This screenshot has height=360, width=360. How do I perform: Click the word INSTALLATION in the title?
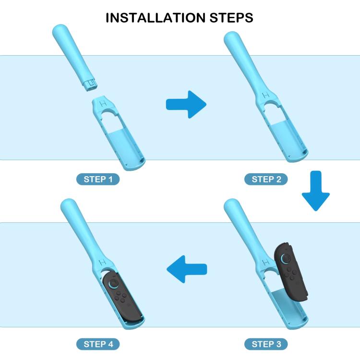point(156,18)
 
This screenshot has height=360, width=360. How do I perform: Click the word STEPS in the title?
point(231,18)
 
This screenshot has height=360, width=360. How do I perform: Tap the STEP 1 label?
point(98,179)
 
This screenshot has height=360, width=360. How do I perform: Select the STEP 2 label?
point(266,179)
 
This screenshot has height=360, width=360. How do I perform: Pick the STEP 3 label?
point(266,344)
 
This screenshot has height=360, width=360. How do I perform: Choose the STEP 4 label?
point(98,344)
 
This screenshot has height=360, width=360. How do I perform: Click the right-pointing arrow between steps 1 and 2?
point(186,105)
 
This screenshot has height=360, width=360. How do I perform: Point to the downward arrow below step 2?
point(316,191)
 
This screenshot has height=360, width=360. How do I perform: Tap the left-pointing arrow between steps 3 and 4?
point(187,269)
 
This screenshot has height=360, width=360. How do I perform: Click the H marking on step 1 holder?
point(103,104)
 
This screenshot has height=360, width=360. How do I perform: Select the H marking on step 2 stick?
point(266,95)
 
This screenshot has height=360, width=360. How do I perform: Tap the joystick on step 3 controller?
point(286,259)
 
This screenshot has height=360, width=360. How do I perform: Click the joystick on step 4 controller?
point(113,284)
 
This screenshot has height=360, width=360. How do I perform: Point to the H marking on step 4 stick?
point(103,262)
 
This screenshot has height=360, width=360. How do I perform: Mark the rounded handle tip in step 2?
point(231,38)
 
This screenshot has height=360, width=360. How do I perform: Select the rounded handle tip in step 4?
point(69,206)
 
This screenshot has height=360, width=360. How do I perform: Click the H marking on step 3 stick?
point(266,262)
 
